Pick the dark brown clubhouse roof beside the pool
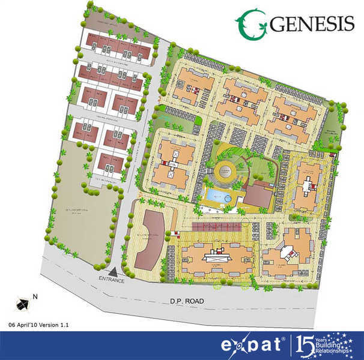tap(259, 197)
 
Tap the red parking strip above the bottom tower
tap(216, 225)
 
